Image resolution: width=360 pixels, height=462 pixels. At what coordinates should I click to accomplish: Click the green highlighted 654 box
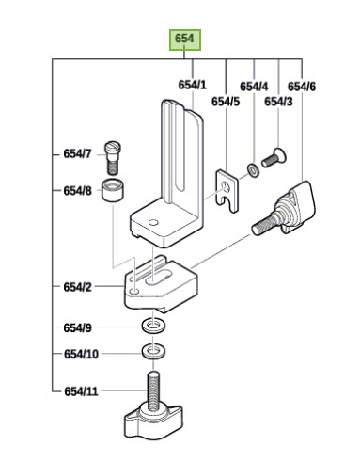click(x=184, y=40)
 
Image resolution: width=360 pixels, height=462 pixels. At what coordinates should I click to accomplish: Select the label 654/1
click(x=192, y=86)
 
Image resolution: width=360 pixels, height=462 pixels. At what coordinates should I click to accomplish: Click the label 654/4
click(x=254, y=86)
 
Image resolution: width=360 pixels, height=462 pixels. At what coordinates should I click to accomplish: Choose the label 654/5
click(x=226, y=102)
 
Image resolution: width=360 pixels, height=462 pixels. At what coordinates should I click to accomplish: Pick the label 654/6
click(x=302, y=86)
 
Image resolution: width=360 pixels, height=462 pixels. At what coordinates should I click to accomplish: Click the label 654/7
click(x=77, y=152)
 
